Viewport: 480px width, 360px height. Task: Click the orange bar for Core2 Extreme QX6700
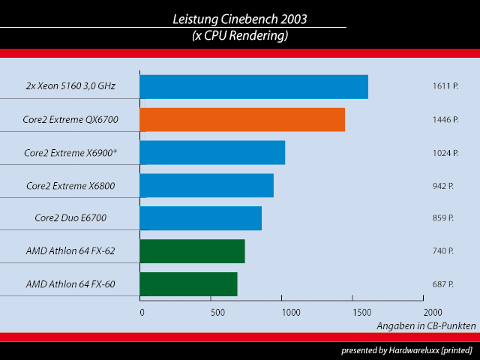[242, 120]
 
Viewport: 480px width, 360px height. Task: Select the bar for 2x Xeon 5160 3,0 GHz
[253, 87]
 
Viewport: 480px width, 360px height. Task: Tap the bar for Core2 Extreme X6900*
[212, 153]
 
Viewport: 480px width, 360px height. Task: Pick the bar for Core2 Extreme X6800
[206, 185]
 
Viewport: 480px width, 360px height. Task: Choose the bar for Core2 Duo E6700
[201, 218]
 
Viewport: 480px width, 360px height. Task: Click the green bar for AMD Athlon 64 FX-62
[192, 251]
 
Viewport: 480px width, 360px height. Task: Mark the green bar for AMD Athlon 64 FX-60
[188, 284]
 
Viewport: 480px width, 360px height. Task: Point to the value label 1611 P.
[445, 87]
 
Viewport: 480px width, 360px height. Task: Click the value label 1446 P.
[445, 120]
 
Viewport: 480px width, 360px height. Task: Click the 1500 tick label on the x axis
[360, 311]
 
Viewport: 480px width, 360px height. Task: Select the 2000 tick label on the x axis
[433, 311]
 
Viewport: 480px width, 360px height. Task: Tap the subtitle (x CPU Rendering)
[240, 36]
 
